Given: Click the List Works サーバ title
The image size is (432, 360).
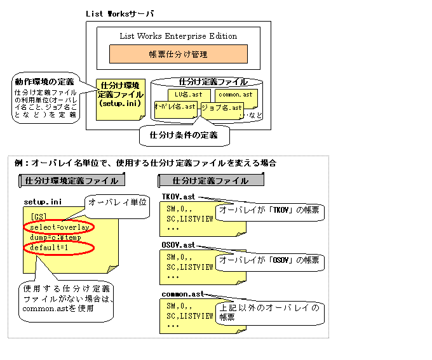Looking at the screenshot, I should pyautogui.click(x=119, y=13).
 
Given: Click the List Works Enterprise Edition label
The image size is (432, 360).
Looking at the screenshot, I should pyautogui.click(x=178, y=36).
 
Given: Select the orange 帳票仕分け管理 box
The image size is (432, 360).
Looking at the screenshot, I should pyautogui.click(x=178, y=54).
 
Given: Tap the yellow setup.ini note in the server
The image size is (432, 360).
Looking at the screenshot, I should pyautogui.click(x=121, y=98).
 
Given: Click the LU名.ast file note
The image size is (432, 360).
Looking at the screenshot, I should pyautogui.click(x=188, y=95).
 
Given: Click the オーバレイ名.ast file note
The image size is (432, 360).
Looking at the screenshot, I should pyautogui.click(x=175, y=107).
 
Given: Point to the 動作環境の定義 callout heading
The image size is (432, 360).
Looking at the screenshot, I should pyautogui.click(x=43, y=82).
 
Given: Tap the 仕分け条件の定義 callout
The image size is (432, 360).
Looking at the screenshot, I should pyautogui.click(x=183, y=135).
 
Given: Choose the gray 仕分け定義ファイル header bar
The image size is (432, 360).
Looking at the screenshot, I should pyautogui.click(x=211, y=180).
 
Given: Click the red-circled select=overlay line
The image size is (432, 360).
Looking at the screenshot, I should pyautogui.click(x=60, y=227).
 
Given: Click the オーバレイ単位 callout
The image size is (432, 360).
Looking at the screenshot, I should pyautogui.click(x=118, y=202).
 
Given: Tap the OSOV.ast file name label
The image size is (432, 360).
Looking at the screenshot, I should pyautogui.click(x=179, y=244).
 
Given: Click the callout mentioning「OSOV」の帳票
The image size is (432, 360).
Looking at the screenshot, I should pyautogui.click(x=269, y=261).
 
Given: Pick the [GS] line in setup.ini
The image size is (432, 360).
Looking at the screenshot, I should pyautogui.click(x=38, y=217).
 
